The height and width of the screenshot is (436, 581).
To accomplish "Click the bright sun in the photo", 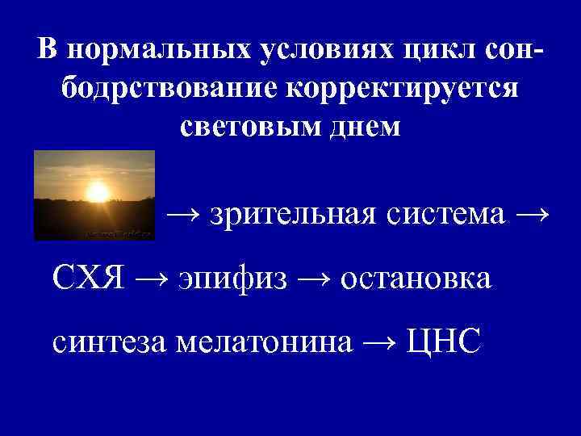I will tap(98, 191).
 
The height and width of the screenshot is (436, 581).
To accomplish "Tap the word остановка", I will tap(416, 279).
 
